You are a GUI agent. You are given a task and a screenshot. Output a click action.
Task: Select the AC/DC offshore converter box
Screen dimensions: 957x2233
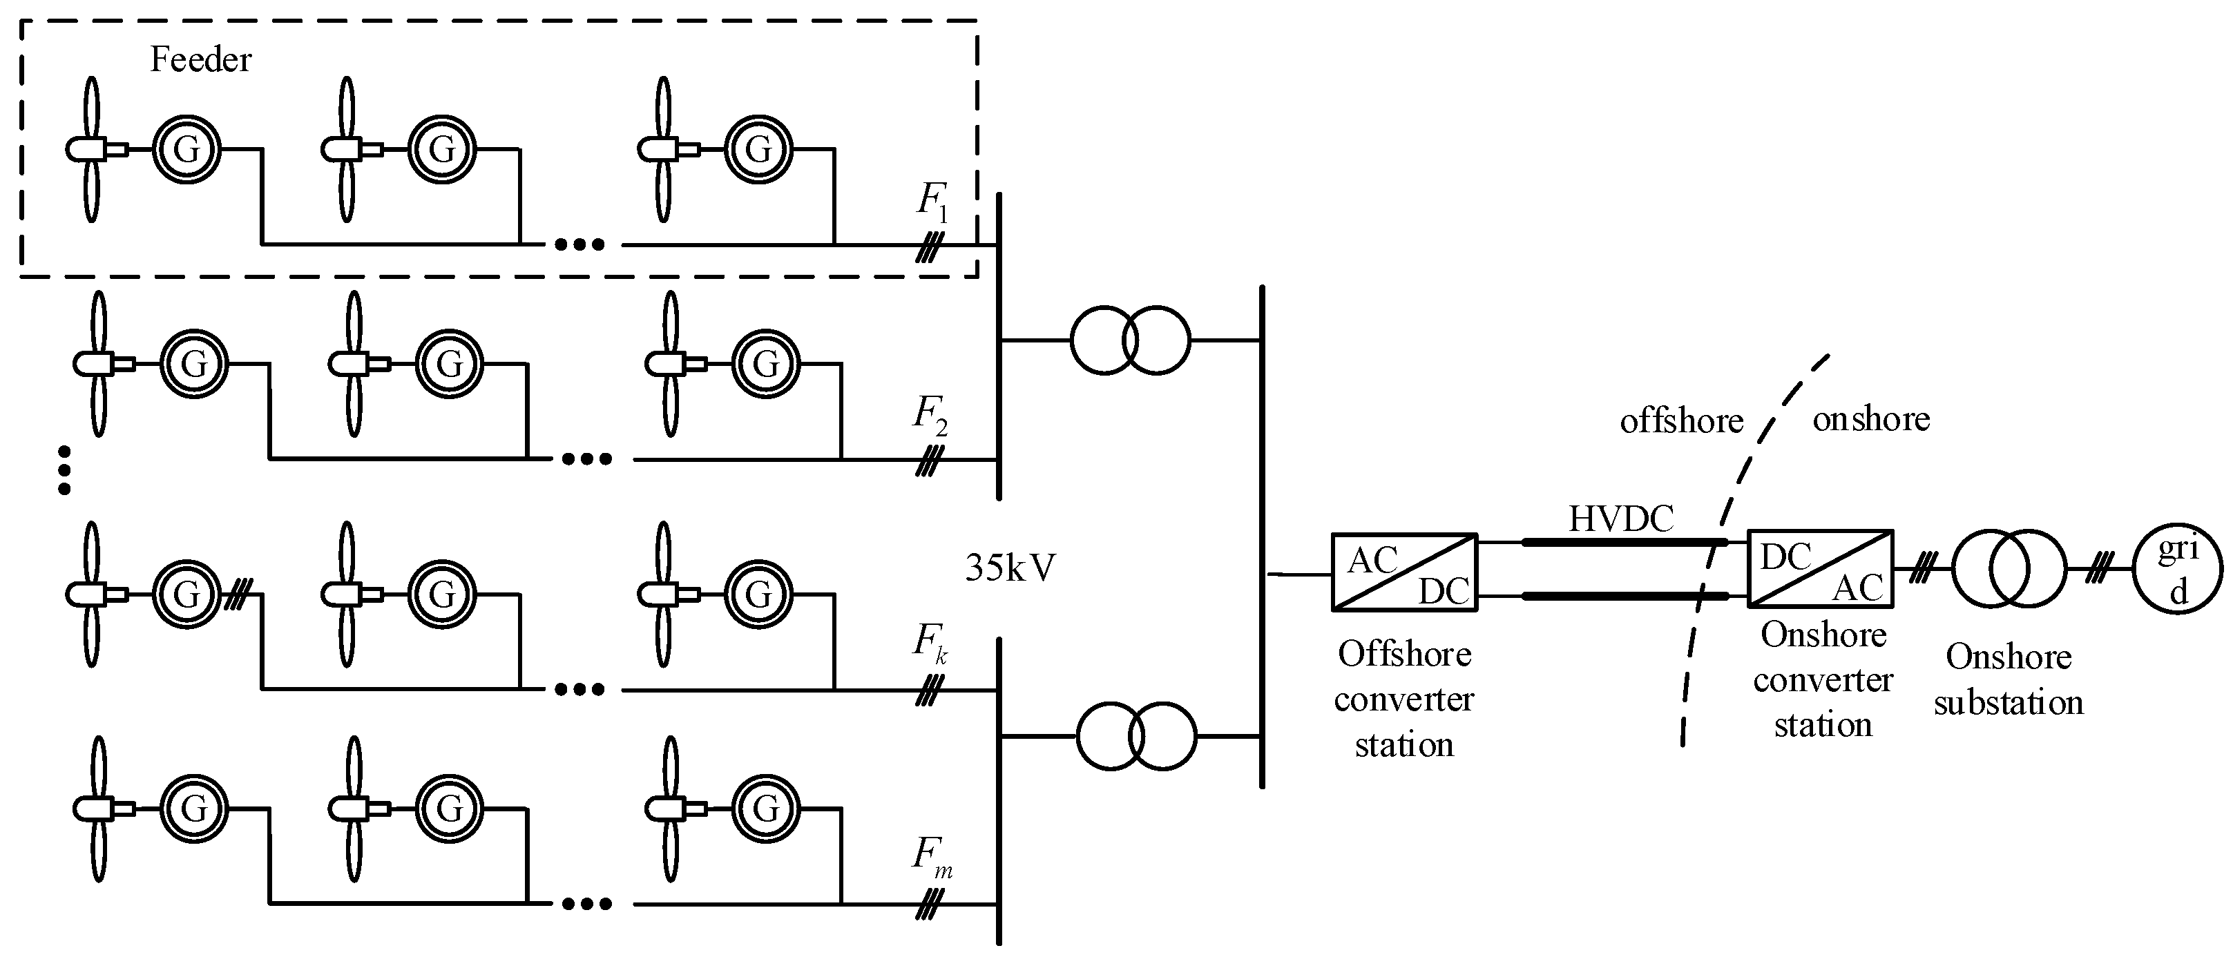[x=1403, y=572]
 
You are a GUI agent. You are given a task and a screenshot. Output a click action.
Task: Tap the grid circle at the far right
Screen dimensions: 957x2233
[x=2178, y=570]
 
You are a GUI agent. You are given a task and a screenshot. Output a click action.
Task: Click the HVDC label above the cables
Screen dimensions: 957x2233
[x=1621, y=519]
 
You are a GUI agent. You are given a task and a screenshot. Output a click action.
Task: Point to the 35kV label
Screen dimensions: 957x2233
[x=1010, y=568]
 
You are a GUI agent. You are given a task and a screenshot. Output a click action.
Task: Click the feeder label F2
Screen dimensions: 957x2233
[x=929, y=414]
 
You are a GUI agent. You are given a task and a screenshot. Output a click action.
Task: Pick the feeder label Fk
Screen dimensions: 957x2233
[x=929, y=644]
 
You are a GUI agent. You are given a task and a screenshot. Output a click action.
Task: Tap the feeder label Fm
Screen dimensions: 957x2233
[x=932, y=856]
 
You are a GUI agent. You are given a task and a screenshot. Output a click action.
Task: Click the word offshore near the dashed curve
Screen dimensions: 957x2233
[x=1681, y=421]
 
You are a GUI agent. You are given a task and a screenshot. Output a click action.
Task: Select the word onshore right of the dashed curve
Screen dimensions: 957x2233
[x=1870, y=420]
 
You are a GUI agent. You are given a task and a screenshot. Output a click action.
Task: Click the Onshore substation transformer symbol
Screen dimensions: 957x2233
[x=2009, y=570]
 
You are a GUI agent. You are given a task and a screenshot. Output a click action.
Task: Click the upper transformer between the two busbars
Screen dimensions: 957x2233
[x=1131, y=340]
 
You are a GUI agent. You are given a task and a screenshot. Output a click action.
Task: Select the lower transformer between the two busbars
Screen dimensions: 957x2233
[x=1135, y=736]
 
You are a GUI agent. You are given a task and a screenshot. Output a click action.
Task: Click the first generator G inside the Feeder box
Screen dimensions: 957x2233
[x=186, y=149]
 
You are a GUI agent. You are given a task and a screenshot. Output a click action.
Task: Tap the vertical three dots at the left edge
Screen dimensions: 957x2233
[x=64, y=470]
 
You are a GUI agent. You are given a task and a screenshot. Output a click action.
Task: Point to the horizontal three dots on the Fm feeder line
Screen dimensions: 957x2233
[x=587, y=904]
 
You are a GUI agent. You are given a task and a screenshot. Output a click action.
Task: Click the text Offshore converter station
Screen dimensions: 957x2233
[x=1403, y=699]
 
